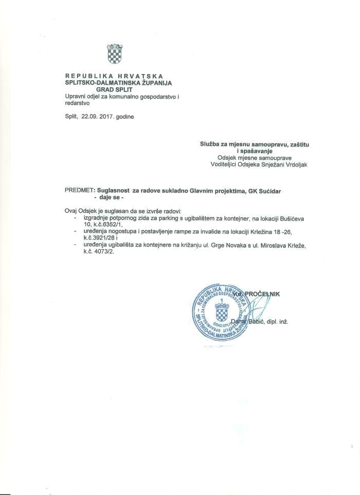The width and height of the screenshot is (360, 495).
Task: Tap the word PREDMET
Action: click(79, 190)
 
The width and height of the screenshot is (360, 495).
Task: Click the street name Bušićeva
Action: click(291, 218)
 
